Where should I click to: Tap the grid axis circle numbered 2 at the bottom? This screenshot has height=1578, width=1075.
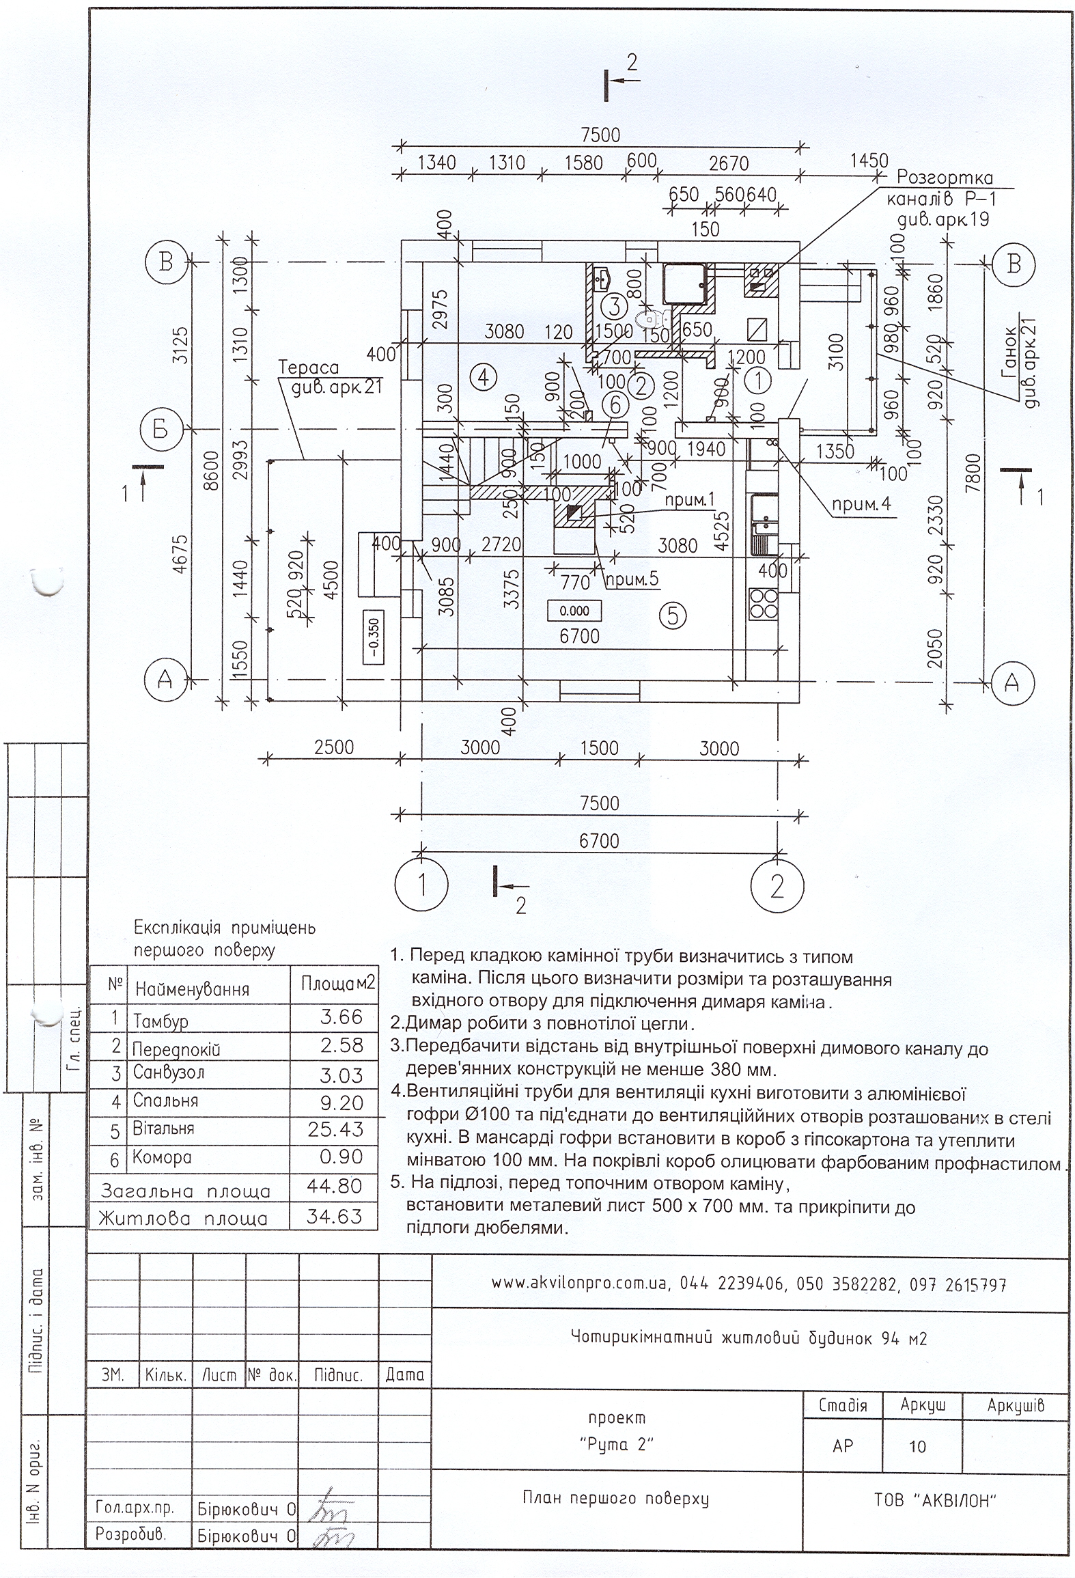(x=777, y=886)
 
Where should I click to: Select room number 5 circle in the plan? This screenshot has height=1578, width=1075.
(x=673, y=616)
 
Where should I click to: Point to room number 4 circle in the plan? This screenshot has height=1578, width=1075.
(x=483, y=377)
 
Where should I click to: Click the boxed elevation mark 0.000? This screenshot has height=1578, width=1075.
(x=574, y=611)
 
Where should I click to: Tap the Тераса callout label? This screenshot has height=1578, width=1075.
(x=309, y=368)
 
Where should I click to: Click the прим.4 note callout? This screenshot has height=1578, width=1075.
(x=861, y=505)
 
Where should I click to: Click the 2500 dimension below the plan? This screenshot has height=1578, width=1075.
(x=334, y=747)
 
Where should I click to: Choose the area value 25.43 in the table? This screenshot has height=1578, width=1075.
(x=335, y=1129)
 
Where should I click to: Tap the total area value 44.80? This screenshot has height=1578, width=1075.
(x=335, y=1187)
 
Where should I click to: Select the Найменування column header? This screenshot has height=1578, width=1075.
(x=192, y=988)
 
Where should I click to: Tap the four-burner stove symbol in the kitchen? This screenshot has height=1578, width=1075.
(x=763, y=603)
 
